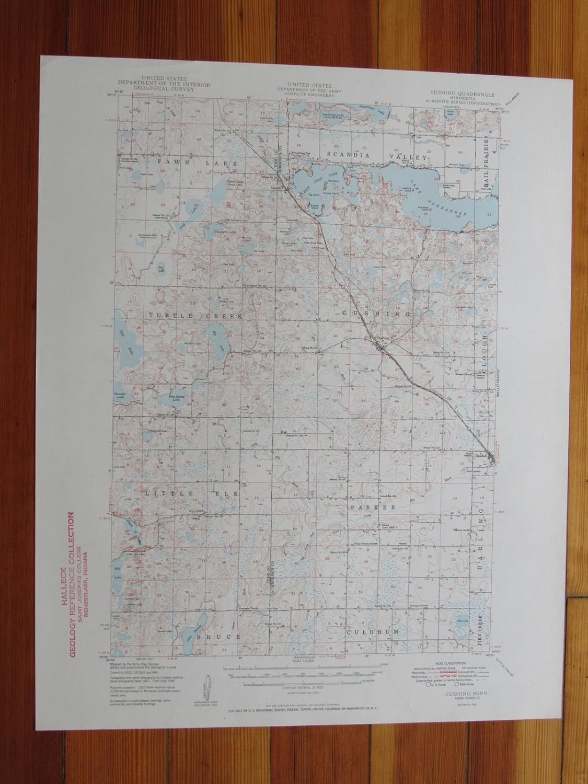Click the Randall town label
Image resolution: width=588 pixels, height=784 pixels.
pyautogui.click(x=481, y=456)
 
